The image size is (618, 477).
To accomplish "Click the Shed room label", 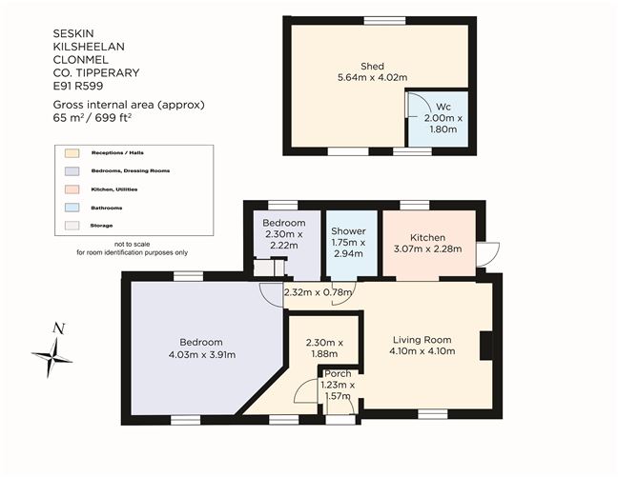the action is [x=372, y=66].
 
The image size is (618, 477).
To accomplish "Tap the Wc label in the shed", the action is [x=443, y=107].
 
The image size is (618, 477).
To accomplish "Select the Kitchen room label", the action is [x=427, y=237].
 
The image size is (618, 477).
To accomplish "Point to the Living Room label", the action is [x=422, y=340].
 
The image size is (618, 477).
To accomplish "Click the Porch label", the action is [x=338, y=373].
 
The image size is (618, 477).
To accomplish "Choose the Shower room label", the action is [x=348, y=231].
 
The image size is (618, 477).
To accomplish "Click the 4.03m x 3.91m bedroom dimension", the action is [x=202, y=354].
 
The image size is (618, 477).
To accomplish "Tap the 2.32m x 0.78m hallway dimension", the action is [x=319, y=292].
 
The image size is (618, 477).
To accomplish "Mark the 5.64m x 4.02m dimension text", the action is [x=373, y=77].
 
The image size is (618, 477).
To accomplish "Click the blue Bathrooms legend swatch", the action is [x=72, y=208].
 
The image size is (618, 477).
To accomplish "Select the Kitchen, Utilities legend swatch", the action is [x=72, y=189].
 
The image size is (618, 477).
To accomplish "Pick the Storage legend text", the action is [x=101, y=226].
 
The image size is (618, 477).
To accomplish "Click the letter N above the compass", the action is [x=59, y=328].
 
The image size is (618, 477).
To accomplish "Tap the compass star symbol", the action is [x=52, y=358].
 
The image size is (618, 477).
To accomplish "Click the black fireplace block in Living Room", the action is [x=486, y=346].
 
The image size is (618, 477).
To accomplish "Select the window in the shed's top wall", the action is [x=384, y=20].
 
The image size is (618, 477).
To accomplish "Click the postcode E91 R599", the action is [x=78, y=86].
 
